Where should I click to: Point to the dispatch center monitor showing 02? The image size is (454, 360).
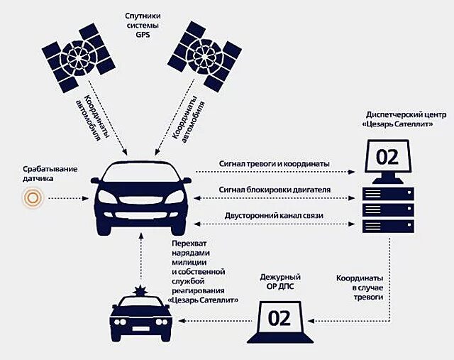387,156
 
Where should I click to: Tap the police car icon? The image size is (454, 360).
143,320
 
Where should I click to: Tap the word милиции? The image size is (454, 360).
190,262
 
